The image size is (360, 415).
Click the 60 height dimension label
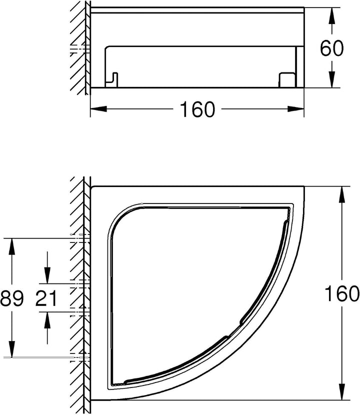click(x=331, y=48)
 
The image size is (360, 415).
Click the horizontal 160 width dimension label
click(x=197, y=109)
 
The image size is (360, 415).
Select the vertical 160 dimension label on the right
click(x=342, y=293)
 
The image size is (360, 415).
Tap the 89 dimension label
click(x=12, y=298)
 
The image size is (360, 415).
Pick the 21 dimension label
click(x=46, y=298)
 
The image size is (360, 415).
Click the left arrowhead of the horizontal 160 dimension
click(x=98, y=109)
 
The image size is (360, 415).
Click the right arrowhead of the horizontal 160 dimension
click(x=295, y=109)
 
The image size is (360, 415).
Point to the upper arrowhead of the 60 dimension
click(x=331, y=15)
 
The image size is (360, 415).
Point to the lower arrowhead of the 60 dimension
click(x=331, y=79)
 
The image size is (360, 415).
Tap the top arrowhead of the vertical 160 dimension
click(x=342, y=194)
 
